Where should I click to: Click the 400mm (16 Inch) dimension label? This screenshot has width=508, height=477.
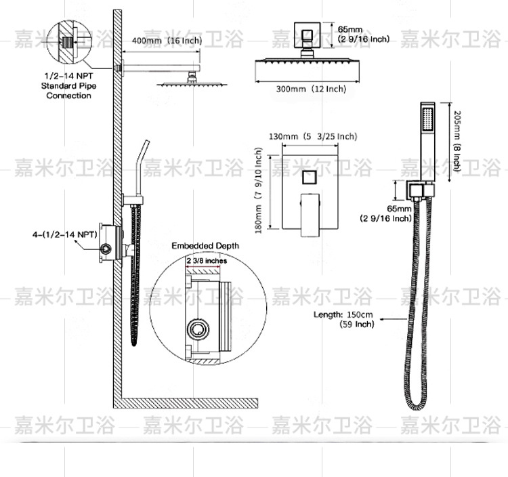pyautogui.click(x=167, y=41)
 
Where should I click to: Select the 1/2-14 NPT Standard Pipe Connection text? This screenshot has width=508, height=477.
pyautogui.click(x=68, y=87)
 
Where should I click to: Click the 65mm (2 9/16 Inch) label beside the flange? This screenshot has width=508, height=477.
pyautogui.click(x=362, y=34)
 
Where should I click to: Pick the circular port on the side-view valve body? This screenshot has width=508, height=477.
pyautogui.click(x=106, y=249)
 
